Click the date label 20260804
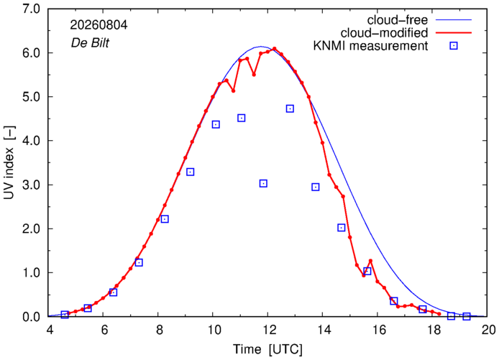pyautogui.click(x=99, y=25)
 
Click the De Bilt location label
pyautogui.click(x=90, y=43)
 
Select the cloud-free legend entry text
pyautogui.click(x=398, y=20)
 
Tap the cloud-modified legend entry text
pyautogui.click(x=384, y=33)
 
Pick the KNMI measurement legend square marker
pyautogui.click(x=454, y=46)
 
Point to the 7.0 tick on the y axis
pyautogui.click(x=31, y=9)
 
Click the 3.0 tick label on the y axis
pyautogui.click(x=31, y=185)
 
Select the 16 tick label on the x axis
pyautogui.click(x=377, y=330)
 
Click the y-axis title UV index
pyautogui.click(x=9, y=162)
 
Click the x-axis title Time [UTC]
pyautogui.click(x=267, y=349)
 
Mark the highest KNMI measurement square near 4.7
pyautogui.click(x=290, y=109)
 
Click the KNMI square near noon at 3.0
pyautogui.click(x=263, y=183)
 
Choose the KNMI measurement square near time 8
pyautogui.click(x=165, y=219)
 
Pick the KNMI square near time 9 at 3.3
pyautogui.click(x=191, y=172)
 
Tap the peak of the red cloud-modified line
pyautogui.click(x=275, y=49)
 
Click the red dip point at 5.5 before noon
pyautogui.click(x=254, y=75)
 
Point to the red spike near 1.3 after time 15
pyautogui.click(x=371, y=261)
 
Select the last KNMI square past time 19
pyautogui.click(x=467, y=316)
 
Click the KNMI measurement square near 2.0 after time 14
pyautogui.click(x=342, y=228)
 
